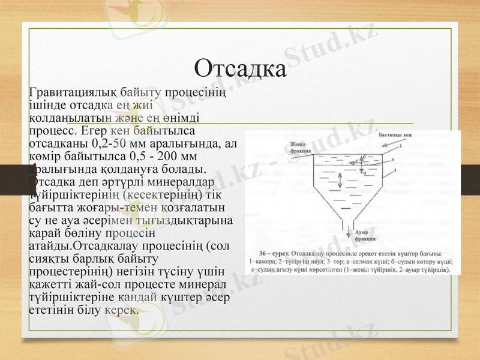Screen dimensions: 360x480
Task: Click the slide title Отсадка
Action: point(240,68)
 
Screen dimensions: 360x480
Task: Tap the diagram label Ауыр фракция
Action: point(365,235)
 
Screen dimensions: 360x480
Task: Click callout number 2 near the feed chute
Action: point(400,145)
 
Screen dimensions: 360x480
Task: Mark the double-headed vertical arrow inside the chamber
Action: point(340,179)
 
